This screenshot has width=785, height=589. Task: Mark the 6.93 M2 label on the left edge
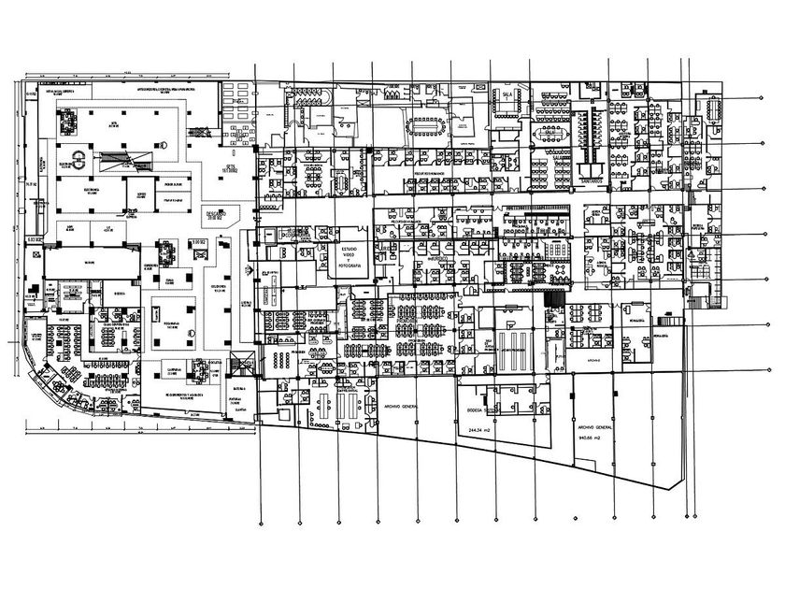(36, 240)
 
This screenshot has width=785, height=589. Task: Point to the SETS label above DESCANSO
(230, 169)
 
